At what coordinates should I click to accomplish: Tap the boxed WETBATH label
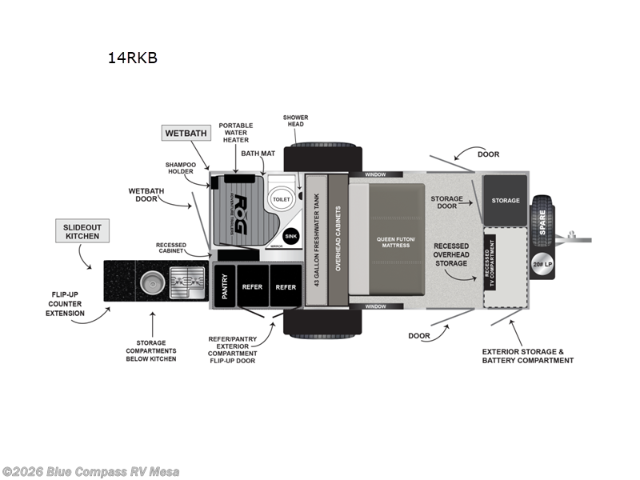coord(186,134)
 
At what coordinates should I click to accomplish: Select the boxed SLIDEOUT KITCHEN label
coord(82,231)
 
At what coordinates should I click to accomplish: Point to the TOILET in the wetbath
coord(281,198)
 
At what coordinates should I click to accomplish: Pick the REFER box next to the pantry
coord(252,286)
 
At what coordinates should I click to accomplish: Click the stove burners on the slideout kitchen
coord(185,282)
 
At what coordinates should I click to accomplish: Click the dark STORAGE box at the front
coord(505,201)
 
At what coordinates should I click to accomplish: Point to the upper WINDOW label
coord(375,174)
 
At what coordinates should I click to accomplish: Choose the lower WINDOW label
coord(375,306)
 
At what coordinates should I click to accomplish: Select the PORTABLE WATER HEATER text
coord(236,133)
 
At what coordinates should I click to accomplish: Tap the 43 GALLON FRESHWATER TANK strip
coord(315,240)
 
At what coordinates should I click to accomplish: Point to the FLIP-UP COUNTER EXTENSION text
coord(65,303)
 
